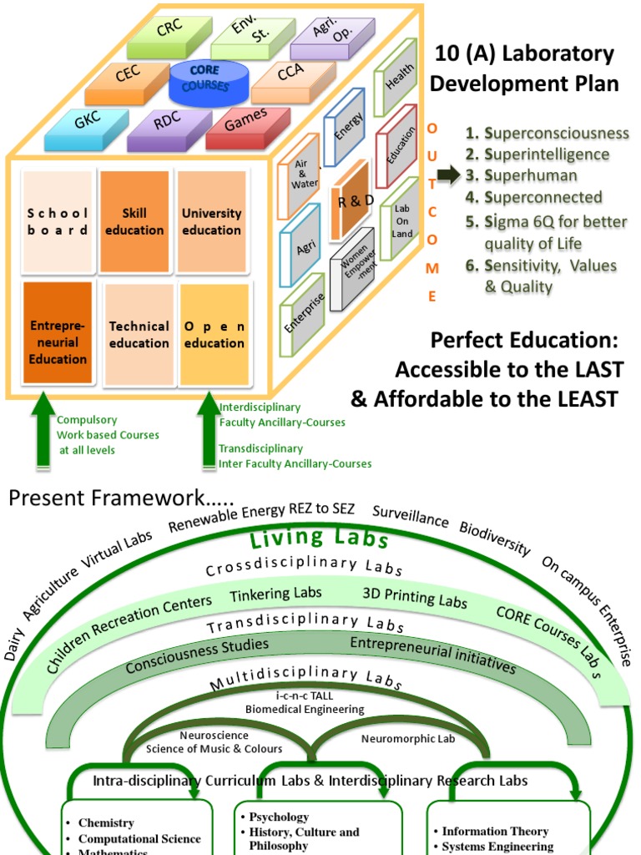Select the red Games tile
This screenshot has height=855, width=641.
(247, 121)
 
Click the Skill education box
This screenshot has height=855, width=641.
(134, 221)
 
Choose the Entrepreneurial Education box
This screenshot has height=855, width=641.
(58, 334)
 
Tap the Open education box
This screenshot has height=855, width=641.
(215, 334)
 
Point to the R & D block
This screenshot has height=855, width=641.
(355, 203)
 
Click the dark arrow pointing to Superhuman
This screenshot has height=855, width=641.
(447, 175)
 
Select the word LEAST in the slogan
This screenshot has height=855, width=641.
(580, 399)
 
